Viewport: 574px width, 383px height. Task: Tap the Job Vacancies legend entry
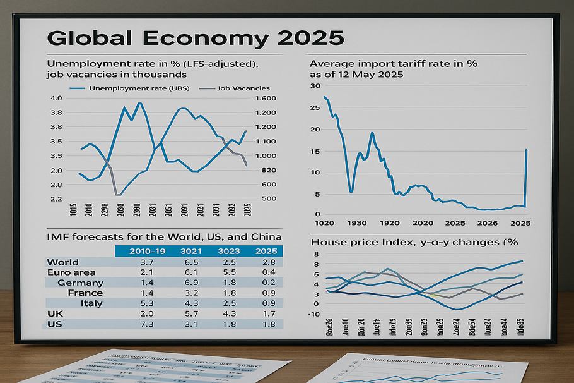pos(243,88)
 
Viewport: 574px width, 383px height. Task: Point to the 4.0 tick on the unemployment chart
pos(56,99)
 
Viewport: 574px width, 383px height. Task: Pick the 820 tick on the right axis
pos(265,171)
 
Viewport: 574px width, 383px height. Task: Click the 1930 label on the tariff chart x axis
pos(356,223)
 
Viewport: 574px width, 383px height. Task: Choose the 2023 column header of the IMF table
pos(228,252)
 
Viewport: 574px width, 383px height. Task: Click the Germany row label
pos(80,283)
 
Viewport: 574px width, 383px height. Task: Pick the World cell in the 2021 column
pos(190,262)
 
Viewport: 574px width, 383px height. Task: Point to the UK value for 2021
pos(190,313)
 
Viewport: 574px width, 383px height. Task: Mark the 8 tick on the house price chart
pos(317,254)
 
